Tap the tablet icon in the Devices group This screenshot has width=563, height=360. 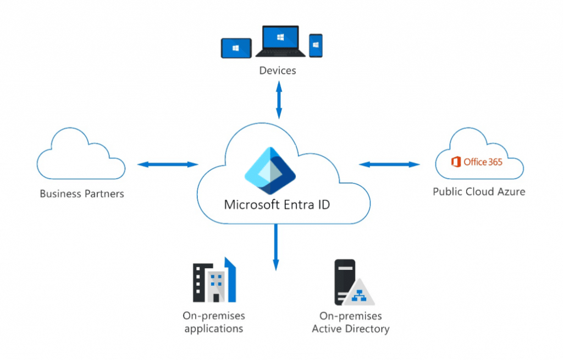236,48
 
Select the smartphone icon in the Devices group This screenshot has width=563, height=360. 316,46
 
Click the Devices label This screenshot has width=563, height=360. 278,70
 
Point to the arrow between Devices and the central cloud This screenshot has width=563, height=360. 279,99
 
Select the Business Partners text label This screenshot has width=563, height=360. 82,193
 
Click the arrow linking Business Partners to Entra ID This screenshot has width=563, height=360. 168,164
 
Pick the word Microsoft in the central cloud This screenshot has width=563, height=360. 250,205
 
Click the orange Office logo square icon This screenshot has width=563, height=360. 455,162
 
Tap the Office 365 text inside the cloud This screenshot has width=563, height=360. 483,162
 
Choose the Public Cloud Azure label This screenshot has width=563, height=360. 479,192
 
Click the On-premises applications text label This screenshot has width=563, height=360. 214,322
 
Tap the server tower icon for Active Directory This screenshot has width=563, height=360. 345,281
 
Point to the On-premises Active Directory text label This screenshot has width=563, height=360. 351,323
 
